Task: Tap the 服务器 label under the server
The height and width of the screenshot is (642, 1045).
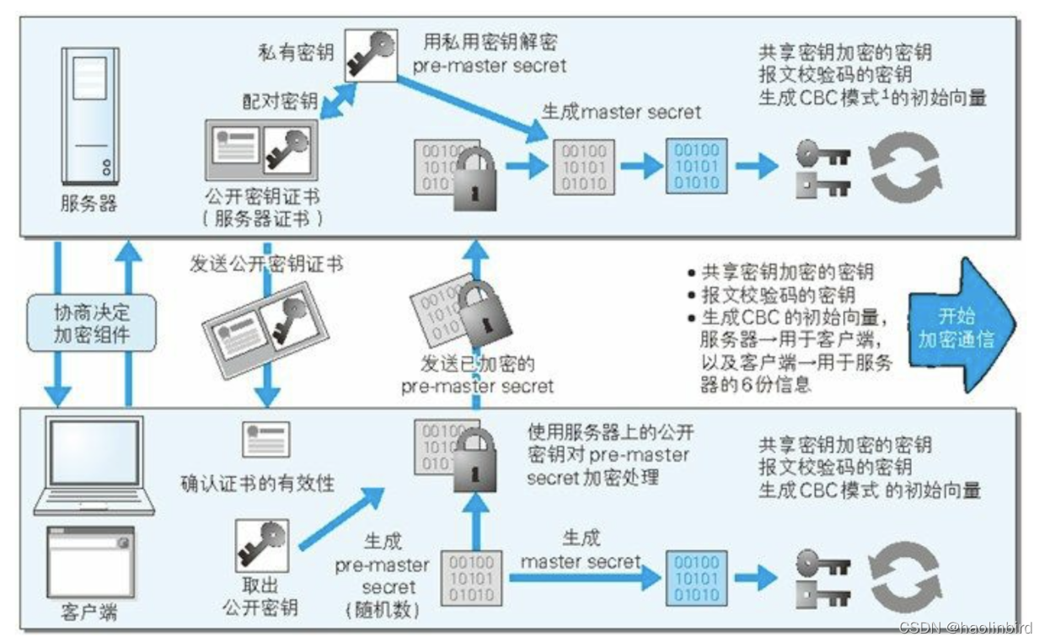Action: pyautogui.click(x=88, y=204)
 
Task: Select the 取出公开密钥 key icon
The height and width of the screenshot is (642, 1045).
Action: pyautogui.click(x=262, y=545)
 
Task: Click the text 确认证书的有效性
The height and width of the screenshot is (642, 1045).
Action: pyautogui.click(x=258, y=484)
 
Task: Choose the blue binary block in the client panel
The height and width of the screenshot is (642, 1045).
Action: pyautogui.click(x=697, y=579)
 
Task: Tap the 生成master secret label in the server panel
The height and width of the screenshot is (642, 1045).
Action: pyautogui.click(x=621, y=111)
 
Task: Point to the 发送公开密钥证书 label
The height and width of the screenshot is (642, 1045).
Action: pyautogui.click(x=266, y=264)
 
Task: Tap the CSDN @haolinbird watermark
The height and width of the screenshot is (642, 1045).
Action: pyautogui.click(x=964, y=628)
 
